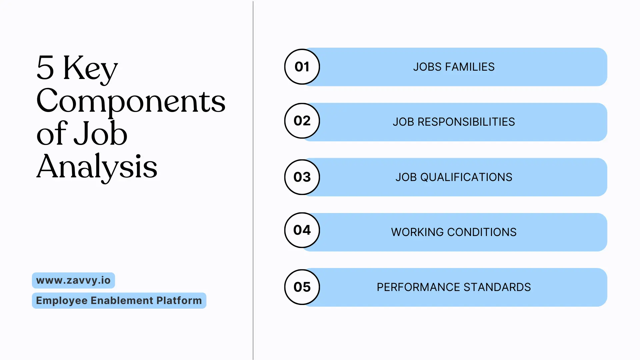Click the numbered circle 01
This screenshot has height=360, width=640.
tap(302, 67)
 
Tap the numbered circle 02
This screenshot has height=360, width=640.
tap(302, 121)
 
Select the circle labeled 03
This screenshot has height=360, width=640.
tap(302, 177)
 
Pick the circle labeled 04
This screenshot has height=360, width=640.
tap(302, 230)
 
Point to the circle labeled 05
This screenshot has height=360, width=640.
tap(302, 287)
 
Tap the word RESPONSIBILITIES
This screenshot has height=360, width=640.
tap(466, 122)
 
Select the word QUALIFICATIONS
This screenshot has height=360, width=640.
tap(466, 177)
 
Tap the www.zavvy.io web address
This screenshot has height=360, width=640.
tap(73, 280)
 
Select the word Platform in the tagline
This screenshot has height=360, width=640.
tap(179, 300)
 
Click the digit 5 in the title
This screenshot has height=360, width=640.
tap(45, 67)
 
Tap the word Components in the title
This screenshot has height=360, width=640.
tap(131, 101)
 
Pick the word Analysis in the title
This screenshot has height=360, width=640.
tap(97, 167)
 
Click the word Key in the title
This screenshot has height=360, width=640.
tap(90, 68)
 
